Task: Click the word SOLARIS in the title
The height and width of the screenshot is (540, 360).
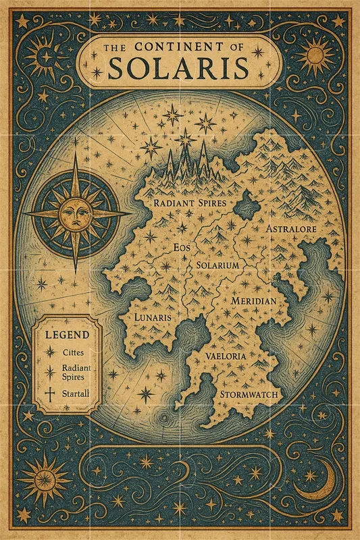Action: coord(179,68)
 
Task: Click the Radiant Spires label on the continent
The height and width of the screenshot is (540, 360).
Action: coord(190,202)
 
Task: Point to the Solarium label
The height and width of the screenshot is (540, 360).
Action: coord(218,266)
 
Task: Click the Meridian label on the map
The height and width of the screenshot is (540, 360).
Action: coord(253,300)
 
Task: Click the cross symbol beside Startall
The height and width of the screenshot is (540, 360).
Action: coord(48,394)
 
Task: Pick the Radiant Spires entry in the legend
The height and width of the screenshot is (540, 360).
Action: coord(76,372)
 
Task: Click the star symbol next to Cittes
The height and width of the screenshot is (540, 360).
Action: coord(48,352)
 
